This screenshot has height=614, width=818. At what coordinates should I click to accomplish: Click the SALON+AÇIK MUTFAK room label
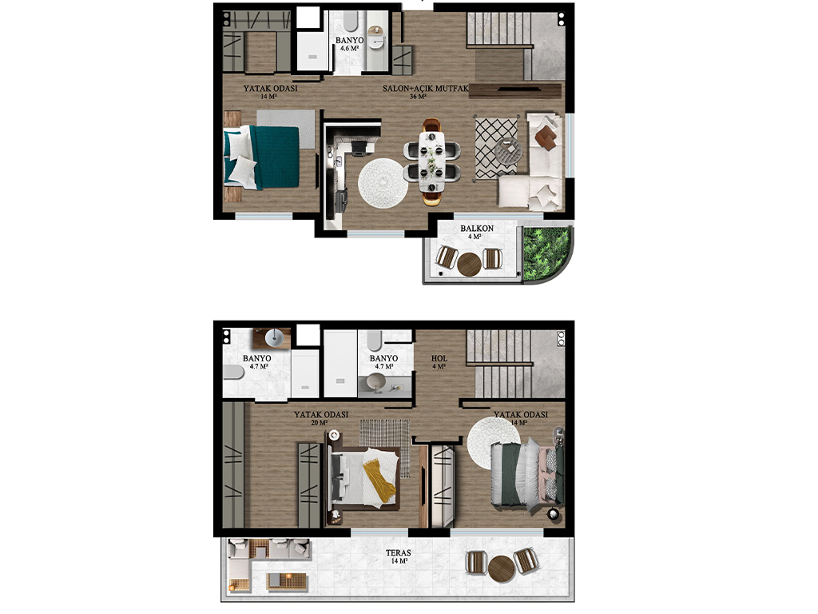point(426,88)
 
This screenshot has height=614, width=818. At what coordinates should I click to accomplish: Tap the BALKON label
point(477,228)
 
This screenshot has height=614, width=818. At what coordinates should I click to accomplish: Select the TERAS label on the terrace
point(398,552)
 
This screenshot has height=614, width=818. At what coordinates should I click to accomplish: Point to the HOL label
point(439,358)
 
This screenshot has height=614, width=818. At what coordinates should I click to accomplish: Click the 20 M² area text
point(320,422)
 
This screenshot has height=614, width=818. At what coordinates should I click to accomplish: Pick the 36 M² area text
point(418,97)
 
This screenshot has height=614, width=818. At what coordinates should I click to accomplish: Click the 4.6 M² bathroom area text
point(349,48)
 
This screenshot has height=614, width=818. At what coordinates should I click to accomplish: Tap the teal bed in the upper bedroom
point(262,157)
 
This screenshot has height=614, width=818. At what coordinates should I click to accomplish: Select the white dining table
point(432,161)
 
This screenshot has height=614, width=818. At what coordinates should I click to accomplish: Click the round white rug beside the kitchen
point(383,183)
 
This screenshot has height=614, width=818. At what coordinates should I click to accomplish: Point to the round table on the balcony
point(469,264)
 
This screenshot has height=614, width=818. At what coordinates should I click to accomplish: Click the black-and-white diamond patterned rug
point(495,148)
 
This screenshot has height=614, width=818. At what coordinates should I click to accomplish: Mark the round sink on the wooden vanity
point(274,338)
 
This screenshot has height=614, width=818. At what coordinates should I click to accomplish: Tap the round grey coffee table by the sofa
point(509,151)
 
